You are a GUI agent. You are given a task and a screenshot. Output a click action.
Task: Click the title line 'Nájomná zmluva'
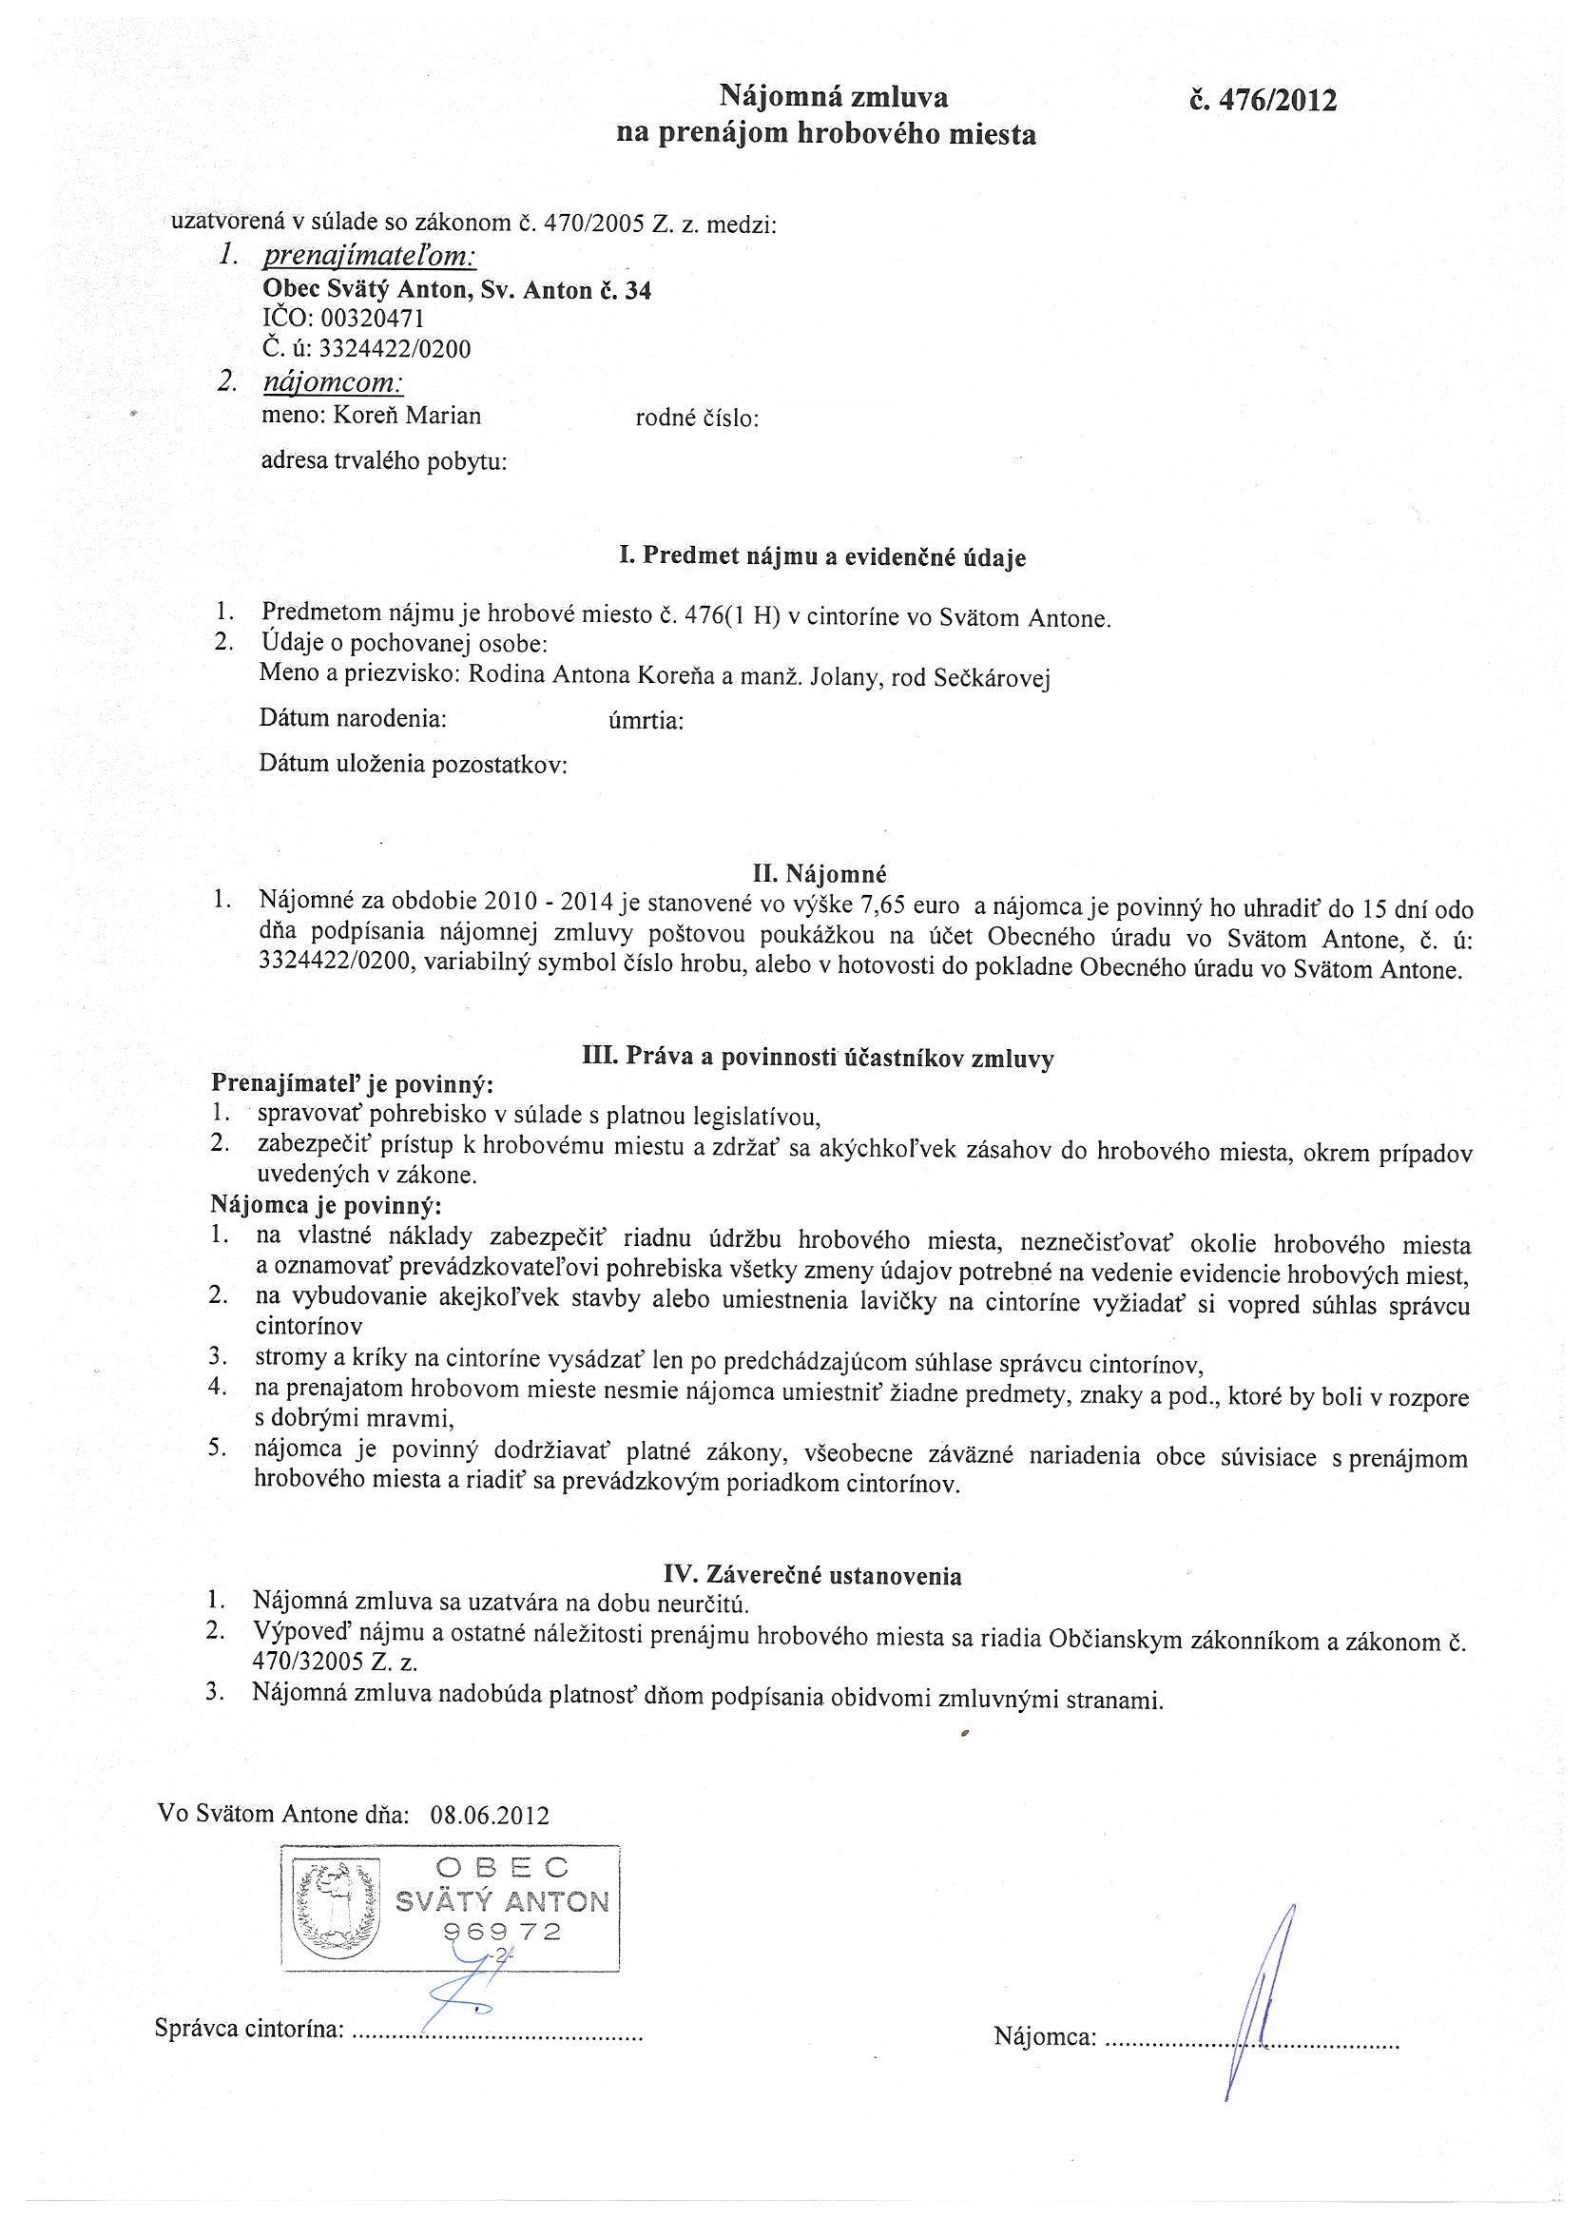pos(833,96)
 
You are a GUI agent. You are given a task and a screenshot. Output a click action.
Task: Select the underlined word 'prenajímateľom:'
pos(369,256)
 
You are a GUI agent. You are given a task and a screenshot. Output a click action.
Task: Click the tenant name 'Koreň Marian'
pos(407,416)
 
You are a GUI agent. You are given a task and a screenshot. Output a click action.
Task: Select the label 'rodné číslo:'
pos(697,418)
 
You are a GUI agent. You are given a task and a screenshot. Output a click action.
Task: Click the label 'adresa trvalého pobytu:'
pos(384,462)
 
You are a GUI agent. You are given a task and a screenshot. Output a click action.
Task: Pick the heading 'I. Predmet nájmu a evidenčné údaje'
pos(822,557)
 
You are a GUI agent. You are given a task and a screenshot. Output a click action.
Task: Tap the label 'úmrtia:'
pos(645,722)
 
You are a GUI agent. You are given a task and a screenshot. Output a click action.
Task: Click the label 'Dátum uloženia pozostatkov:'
pos(413,765)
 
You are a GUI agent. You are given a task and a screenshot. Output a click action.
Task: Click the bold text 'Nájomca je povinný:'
pos(326,1205)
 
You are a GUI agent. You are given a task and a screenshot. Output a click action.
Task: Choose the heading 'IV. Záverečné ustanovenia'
pos(812,1575)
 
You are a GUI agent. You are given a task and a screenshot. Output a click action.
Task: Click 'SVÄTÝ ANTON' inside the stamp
pos(502,1902)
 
